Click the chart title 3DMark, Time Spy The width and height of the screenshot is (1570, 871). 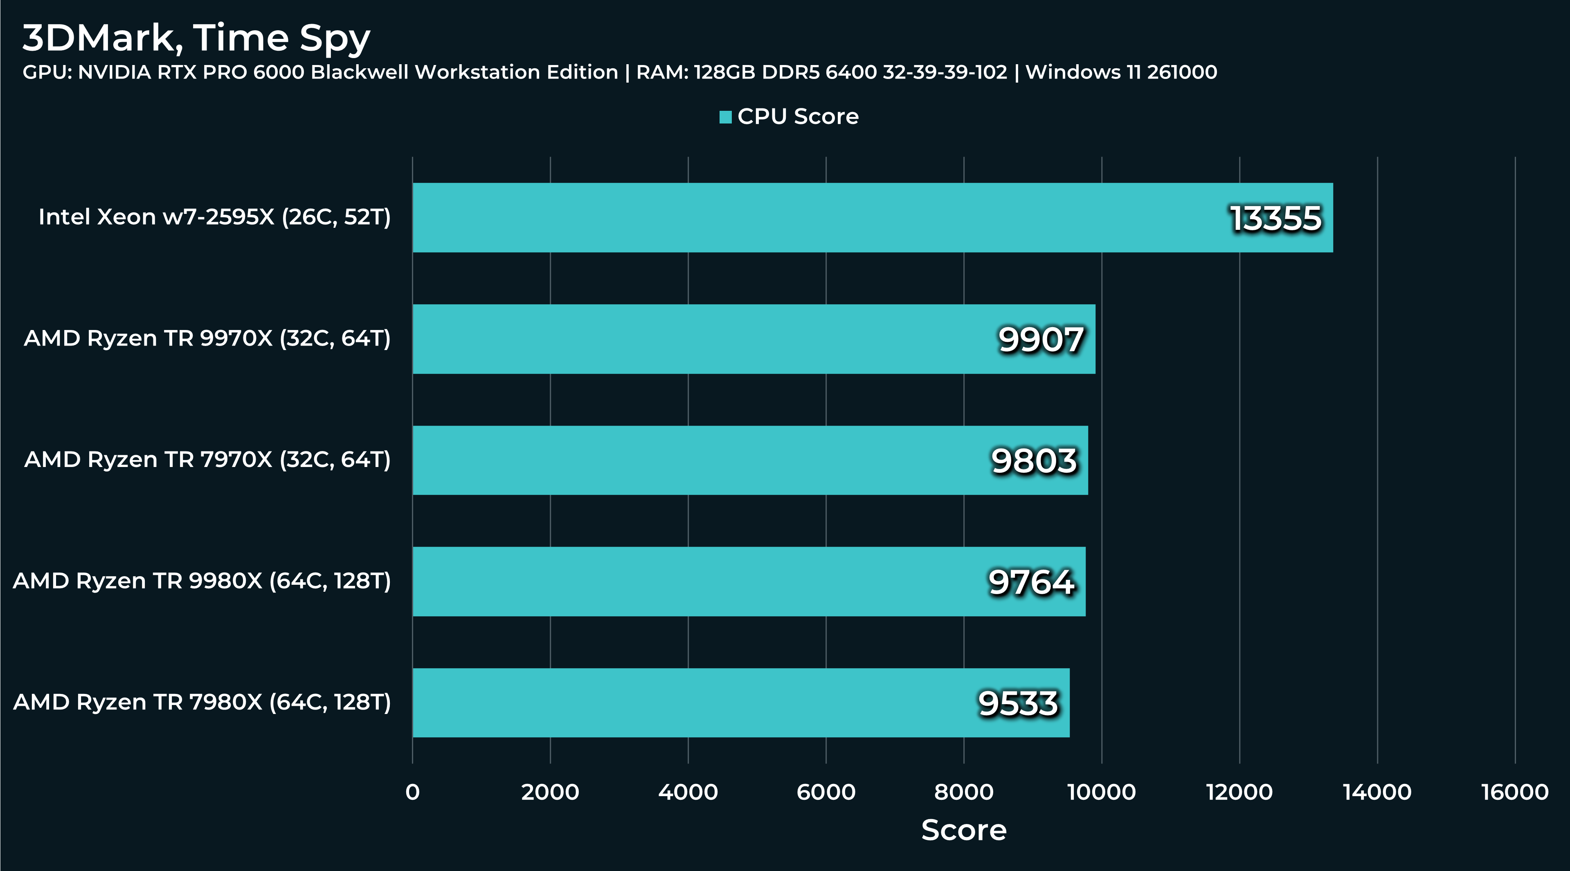click(x=196, y=38)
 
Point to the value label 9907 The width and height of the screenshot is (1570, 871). click(x=1041, y=339)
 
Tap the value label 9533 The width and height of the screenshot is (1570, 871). click(x=1019, y=703)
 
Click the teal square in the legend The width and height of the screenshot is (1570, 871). click(x=725, y=117)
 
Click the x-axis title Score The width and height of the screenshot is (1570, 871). click(x=964, y=830)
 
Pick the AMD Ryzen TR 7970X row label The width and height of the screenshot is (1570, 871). click(x=207, y=460)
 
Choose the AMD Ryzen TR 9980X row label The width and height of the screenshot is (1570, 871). click(x=202, y=581)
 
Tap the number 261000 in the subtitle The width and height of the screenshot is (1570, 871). click(x=1182, y=72)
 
